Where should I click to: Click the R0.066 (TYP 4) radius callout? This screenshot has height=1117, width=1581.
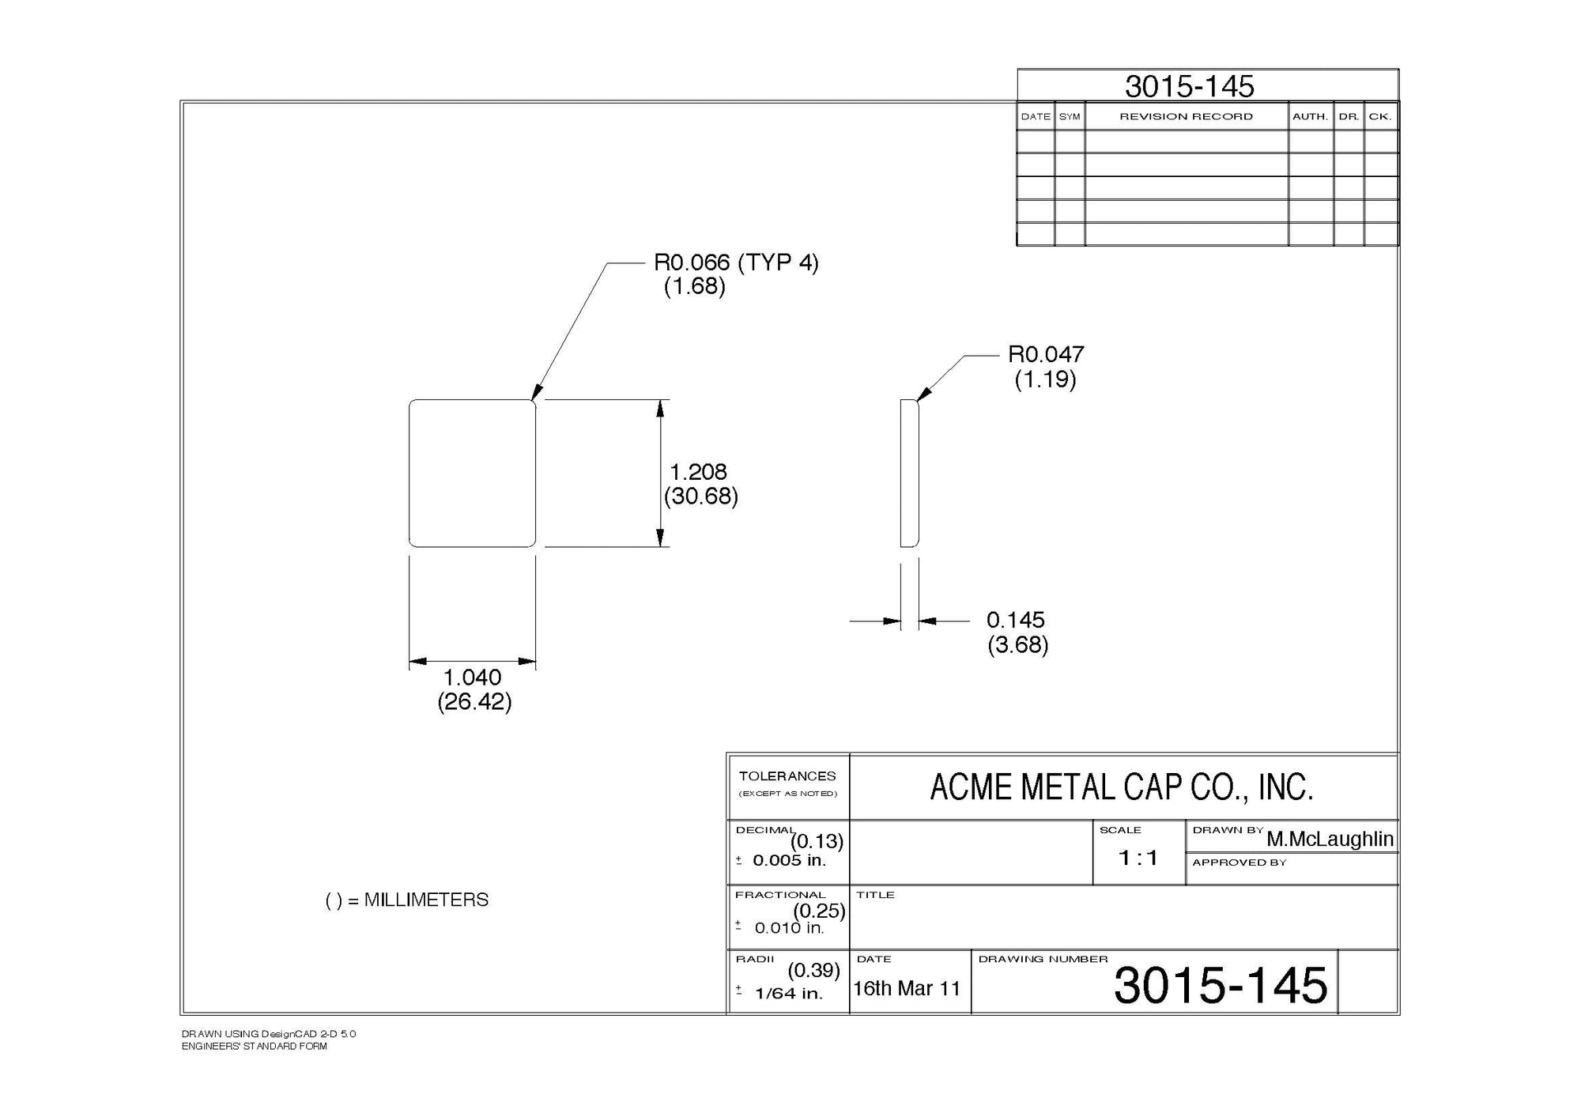pos(736,262)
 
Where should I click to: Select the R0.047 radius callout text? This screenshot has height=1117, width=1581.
pos(1045,354)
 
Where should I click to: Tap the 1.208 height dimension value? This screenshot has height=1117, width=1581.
pos(698,472)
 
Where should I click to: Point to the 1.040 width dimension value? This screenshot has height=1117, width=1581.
pos(472,677)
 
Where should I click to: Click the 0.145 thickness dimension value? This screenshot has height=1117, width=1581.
pos(1015,620)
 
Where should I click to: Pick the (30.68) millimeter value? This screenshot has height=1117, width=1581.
pos(701,496)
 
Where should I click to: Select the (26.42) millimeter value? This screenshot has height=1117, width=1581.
pos(474,702)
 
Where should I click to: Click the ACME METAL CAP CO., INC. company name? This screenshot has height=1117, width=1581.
pos(1121,787)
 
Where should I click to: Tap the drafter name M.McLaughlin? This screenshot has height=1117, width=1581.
pos(1330,839)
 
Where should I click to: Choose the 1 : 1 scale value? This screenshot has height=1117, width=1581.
pos(1138,858)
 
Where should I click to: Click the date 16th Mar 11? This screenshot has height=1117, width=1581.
pos(907,989)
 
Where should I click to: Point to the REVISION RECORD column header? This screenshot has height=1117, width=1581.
pos(1186,117)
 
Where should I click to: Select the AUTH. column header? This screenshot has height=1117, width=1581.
pos(1310,117)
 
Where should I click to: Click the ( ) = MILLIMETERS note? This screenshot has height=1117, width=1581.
pos(407,900)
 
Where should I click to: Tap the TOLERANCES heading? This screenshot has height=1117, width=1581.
pos(787,776)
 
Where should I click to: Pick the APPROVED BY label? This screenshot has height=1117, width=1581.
pos(1239,862)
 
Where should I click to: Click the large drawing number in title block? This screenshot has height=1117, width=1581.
pos(1221,986)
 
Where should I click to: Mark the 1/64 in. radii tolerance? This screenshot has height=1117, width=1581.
pos(788,994)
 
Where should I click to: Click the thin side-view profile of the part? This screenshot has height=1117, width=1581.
pos(909,473)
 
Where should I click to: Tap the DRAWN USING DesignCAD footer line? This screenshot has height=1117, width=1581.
pos(269,1034)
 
